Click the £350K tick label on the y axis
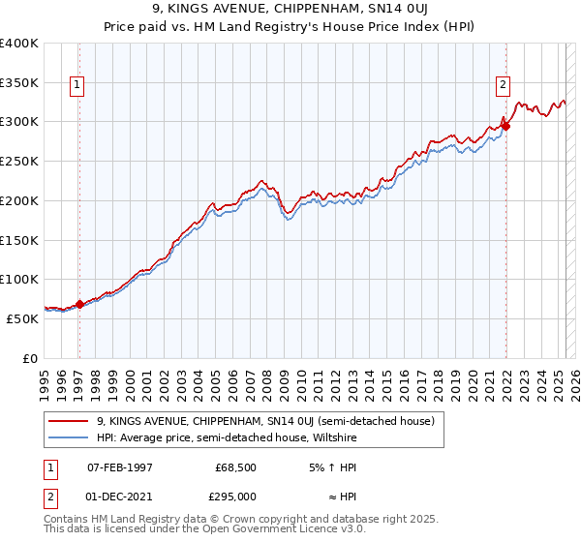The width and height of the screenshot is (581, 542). (x=18, y=82)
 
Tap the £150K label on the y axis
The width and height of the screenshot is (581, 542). (x=18, y=240)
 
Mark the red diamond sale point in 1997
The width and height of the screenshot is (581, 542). (x=79, y=304)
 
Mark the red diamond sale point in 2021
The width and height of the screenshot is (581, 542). (x=505, y=126)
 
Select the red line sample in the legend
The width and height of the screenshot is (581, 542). (x=70, y=421)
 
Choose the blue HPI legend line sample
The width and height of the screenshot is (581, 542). (x=70, y=437)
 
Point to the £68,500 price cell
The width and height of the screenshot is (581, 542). (x=233, y=468)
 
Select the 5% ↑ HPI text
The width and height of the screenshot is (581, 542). (x=330, y=468)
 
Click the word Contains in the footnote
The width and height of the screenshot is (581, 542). (x=67, y=520)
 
